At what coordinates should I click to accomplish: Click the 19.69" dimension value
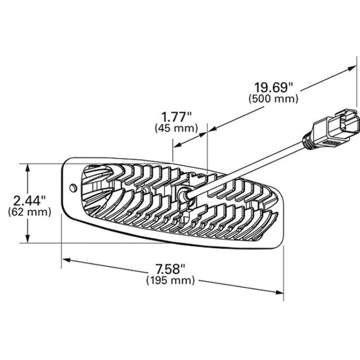274,88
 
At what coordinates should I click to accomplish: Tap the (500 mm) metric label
274,99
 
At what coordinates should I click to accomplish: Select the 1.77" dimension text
177,117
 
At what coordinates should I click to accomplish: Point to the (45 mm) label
176,128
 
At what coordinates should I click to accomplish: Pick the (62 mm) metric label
29,212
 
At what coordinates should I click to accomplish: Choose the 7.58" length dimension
170,269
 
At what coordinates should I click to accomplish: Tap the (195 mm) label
171,280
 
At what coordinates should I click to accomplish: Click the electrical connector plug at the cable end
336,129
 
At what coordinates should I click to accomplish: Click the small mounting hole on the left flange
73,188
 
